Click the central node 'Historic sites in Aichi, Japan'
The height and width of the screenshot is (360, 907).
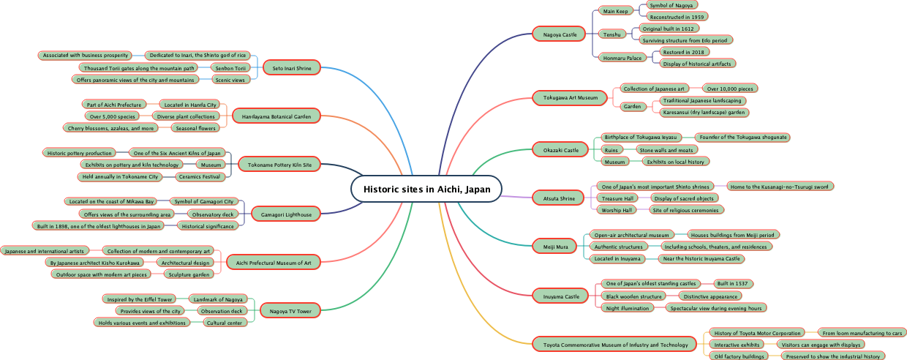click(426, 189)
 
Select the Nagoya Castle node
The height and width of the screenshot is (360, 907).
click(560, 34)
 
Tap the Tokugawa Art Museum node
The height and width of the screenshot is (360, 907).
click(570, 97)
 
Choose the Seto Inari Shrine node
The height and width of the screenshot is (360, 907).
click(292, 68)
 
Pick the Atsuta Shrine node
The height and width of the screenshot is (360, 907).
click(557, 198)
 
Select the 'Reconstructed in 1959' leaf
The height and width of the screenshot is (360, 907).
click(677, 16)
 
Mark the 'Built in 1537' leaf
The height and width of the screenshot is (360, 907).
click(733, 283)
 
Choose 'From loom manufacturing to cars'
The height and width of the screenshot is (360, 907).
click(862, 332)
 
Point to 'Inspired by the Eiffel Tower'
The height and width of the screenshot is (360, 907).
click(139, 299)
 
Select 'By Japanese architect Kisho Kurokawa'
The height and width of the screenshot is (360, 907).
click(94, 262)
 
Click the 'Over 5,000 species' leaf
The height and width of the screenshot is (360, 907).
click(112, 116)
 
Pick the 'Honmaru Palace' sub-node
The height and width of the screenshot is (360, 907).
click(621, 58)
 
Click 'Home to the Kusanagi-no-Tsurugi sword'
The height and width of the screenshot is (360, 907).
click(780, 186)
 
